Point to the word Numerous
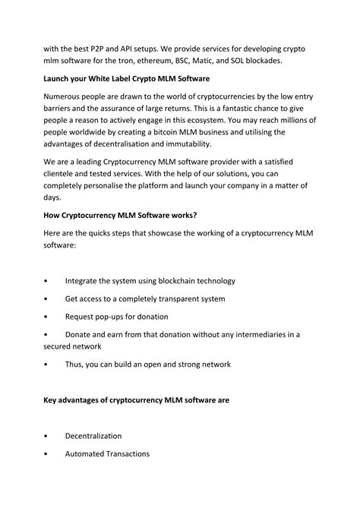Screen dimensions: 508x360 pos(67,97)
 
